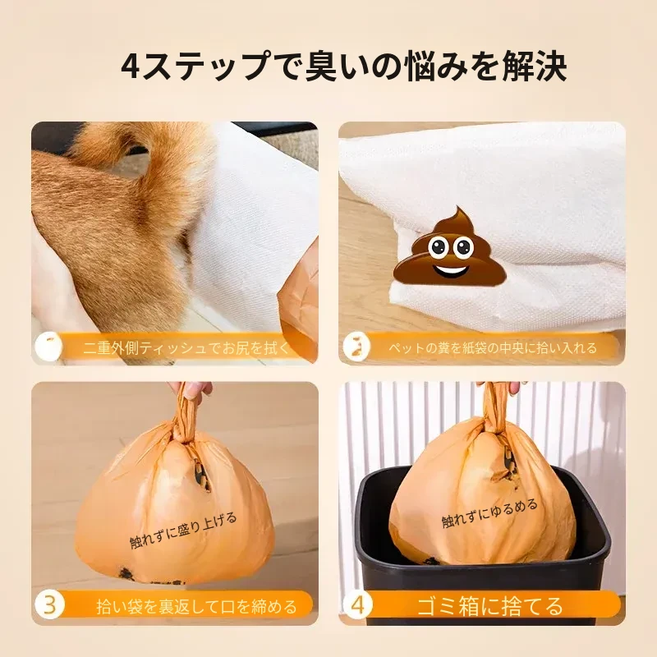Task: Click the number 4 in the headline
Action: click(x=130, y=67)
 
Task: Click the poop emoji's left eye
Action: click(x=438, y=248)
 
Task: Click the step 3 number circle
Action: click(x=50, y=605)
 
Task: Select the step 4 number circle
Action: click(x=357, y=605)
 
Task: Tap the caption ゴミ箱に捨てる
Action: click(x=489, y=606)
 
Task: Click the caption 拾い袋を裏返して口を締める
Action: click(x=196, y=606)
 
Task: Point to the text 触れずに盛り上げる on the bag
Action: click(x=183, y=530)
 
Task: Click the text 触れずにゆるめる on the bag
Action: click(x=489, y=513)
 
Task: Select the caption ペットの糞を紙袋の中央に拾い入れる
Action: click(x=492, y=347)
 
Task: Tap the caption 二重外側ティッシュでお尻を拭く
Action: click(x=186, y=348)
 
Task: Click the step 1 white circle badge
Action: click(x=49, y=347)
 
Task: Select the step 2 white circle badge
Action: click(x=356, y=347)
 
